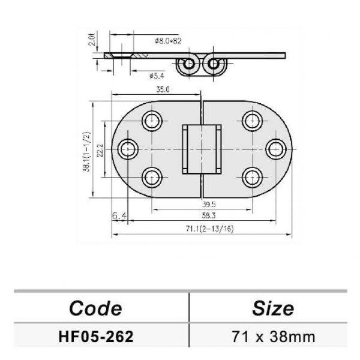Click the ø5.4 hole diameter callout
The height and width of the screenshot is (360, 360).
(x=157, y=75)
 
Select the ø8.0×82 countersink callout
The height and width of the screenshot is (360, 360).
(x=167, y=41)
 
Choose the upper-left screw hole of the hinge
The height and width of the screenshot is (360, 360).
(x=152, y=120)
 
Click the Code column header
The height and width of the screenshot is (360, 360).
(x=95, y=308)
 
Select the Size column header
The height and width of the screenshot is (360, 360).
(x=273, y=308)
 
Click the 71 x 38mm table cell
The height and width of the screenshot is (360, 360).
(x=273, y=336)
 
